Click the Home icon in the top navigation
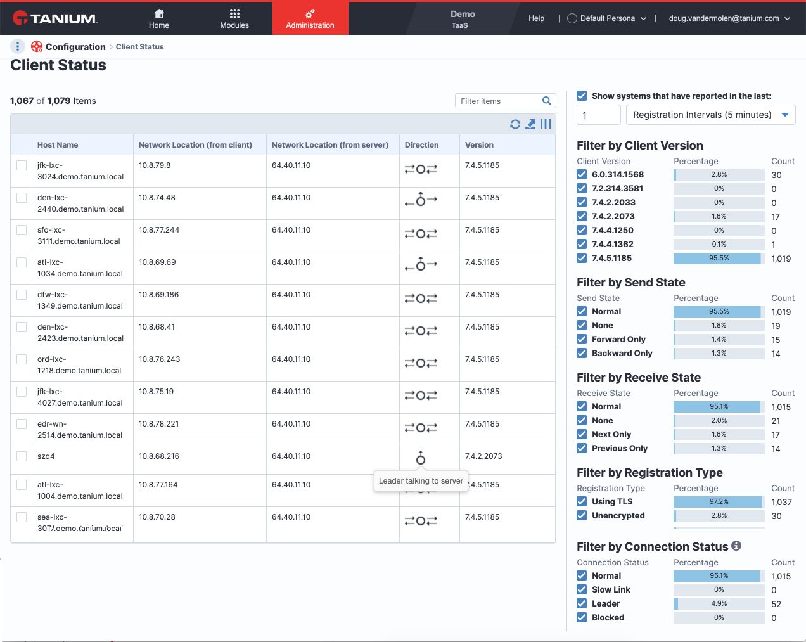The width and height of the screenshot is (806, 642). [x=159, y=14]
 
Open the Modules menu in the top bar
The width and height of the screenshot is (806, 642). [x=234, y=18]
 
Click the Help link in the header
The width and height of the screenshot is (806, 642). [x=536, y=18]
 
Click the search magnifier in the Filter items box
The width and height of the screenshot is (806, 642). [x=546, y=101]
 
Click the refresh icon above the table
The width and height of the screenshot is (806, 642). [x=515, y=124]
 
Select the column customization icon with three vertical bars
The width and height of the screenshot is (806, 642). [x=546, y=124]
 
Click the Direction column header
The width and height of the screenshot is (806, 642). [x=421, y=145]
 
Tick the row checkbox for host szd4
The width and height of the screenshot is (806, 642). [x=22, y=456]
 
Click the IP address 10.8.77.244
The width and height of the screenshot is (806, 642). [x=159, y=229]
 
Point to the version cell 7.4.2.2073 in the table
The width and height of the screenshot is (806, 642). [x=483, y=456]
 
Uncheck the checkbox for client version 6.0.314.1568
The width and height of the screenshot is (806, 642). [x=582, y=174]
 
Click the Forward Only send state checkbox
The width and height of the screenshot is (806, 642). [x=582, y=339]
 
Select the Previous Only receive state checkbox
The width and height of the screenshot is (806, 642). [x=582, y=448]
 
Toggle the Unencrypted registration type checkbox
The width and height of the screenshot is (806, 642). [x=582, y=516]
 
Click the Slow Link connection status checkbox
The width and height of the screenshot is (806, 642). [x=582, y=590]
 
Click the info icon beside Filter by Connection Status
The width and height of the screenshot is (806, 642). [x=736, y=546]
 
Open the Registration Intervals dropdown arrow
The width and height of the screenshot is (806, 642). [x=785, y=115]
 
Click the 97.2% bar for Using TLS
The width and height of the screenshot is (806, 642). [x=719, y=501]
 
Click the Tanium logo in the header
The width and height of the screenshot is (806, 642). [x=54, y=18]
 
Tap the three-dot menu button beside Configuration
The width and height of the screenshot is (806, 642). [x=18, y=46]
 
